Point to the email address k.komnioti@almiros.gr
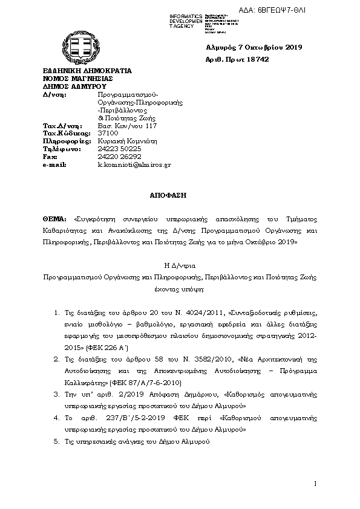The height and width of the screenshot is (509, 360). tap(134, 164)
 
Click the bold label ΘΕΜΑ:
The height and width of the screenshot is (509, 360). tap(55, 219)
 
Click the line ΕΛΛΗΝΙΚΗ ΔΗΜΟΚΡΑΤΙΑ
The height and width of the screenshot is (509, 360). tap(87, 71)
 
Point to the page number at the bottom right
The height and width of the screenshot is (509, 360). tap(316, 484)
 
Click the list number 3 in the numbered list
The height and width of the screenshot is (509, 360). tap(56, 394)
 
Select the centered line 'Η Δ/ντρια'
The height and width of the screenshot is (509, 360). tap(179, 265)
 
